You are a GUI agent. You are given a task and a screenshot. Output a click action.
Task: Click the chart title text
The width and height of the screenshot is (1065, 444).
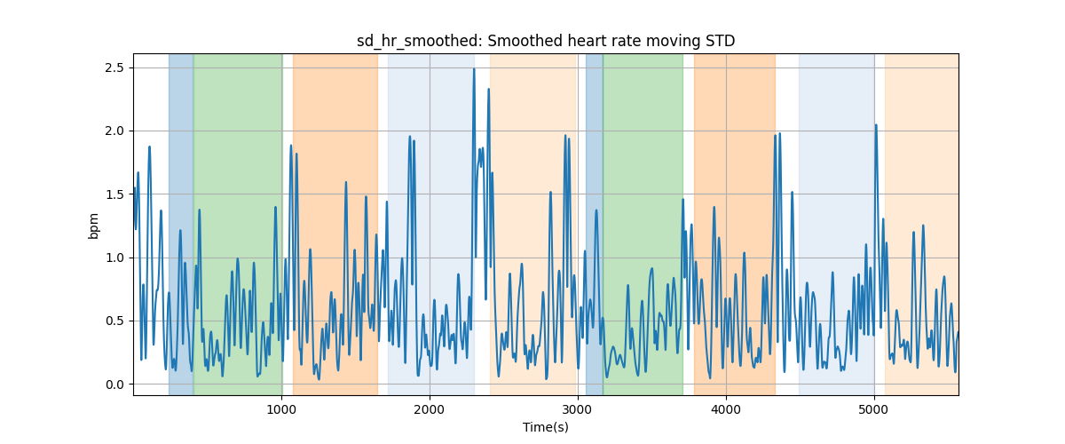tap(546, 42)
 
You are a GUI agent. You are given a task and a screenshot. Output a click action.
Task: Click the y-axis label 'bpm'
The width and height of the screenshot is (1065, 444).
tap(94, 226)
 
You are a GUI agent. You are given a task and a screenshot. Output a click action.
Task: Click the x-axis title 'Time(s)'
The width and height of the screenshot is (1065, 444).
tap(546, 427)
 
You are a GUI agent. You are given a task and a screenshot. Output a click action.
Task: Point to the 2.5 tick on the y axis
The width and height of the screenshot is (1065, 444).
tap(114, 68)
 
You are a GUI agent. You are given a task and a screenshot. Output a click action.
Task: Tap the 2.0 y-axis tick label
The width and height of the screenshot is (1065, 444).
tap(114, 131)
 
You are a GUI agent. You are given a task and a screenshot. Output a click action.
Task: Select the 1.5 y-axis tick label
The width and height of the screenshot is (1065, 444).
tap(114, 194)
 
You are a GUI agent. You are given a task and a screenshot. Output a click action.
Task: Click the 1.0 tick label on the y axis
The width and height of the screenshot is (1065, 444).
tap(114, 258)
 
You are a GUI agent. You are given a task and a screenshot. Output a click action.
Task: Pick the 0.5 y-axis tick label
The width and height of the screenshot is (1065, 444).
tap(114, 321)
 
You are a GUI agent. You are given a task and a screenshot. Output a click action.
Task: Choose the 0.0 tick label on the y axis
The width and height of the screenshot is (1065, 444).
tap(114, 385)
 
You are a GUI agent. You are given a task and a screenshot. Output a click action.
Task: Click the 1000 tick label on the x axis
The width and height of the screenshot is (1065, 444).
tap(281, 409)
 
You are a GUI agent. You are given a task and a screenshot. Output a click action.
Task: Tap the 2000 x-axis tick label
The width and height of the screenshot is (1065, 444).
tap(430, 409)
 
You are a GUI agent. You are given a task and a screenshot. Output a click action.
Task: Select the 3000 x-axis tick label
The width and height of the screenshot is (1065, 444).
tap(578, 409)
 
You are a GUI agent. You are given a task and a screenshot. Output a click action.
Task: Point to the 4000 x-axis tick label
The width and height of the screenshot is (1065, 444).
tap(726, 409)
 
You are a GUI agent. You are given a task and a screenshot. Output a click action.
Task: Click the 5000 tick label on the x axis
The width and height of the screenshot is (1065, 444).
tap(874, 409)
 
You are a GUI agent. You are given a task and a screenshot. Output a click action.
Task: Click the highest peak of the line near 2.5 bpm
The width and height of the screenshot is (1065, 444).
tap(474, 69)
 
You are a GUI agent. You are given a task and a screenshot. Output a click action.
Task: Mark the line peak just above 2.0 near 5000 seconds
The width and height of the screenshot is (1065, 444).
tap(876, 125)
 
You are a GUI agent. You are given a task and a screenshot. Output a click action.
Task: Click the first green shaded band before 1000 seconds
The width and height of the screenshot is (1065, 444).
tap(238, 224)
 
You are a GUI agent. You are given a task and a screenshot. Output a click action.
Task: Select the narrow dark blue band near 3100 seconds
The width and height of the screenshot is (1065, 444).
tap(595, 224)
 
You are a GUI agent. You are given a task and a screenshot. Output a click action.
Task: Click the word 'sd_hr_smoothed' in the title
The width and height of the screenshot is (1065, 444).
tap(419, 42)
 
